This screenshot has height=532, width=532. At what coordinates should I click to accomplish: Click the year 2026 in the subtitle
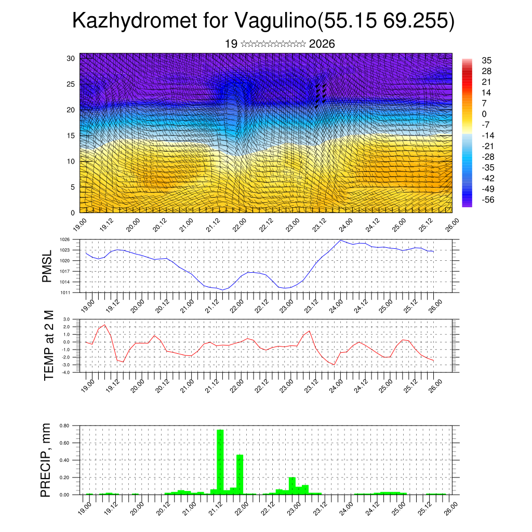click(x=322, y=44)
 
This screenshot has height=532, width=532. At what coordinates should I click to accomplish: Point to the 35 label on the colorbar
click(x=487, y=60)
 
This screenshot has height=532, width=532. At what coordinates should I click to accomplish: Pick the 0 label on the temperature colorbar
click(x=485, y=114)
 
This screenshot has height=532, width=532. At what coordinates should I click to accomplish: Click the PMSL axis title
click(x=47, y=265)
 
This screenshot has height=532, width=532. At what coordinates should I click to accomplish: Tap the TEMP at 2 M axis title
click(x=49, y=345)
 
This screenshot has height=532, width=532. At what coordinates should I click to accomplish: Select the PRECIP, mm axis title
click(x=46, y=460)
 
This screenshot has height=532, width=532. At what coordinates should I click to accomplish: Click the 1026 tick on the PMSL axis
click(x=64, y=240)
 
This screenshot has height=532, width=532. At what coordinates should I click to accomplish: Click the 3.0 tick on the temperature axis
click(x=66, y=319)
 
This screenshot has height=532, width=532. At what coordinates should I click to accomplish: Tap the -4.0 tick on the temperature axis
click(x=65, y=373)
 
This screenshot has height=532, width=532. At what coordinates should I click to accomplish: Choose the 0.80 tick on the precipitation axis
click(x=64, y=425)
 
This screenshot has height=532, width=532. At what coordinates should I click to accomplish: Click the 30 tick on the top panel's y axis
click(x=71, y=58)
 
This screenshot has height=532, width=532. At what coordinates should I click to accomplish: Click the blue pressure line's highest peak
click(x=340, y=240)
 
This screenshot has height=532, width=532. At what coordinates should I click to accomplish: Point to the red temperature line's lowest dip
click(x=335, y=365)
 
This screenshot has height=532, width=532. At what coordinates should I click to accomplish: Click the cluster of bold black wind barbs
click(x=320, y=95)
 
